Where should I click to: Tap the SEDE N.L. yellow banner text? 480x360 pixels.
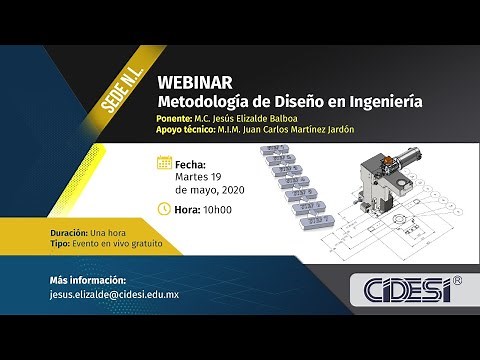tap(122, 95)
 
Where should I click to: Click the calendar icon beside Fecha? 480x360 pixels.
tap(165, 163)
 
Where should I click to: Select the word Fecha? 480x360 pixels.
tap(191, 164)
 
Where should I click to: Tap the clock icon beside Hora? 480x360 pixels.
tap(165, 210)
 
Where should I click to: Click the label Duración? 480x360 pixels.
tap(68, 231)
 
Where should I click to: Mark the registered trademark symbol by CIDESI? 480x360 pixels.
tap(457, 281)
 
